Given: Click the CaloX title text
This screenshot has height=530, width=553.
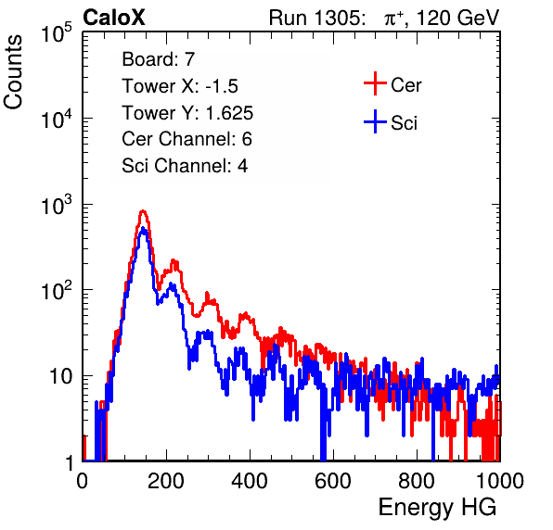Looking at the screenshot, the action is pyautogui.click(x=114, y=18).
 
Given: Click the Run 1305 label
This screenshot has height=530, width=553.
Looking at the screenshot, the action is pyautogui.click(x=316, y=18).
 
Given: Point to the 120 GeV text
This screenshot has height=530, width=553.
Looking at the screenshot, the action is pyautogui.click(x=457, y=18).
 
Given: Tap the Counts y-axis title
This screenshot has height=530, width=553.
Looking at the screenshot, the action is pyautogui.click(x=13, y=72).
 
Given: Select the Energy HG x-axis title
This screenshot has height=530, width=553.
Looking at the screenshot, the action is pyautogui.click(x=437, y=508).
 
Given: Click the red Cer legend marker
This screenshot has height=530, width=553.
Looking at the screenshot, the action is pyautogui.click(x=375, y=83).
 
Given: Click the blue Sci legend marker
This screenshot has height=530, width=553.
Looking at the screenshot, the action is pyautogui.click(x=375, y=122).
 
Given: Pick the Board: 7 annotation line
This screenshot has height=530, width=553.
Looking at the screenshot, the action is pyautogui.click(x=158, y=59).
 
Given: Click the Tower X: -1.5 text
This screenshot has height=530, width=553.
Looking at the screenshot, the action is pyautogui.click(x=180, y=86).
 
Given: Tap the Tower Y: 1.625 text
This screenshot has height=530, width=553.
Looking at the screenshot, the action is pyautogui.click(x=187, y=113).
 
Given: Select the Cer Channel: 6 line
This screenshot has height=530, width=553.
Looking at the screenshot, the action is pyautogui.click(x=186, y=139).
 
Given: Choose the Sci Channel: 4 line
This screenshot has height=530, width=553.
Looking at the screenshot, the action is pyautogui.click(x=185, y=166).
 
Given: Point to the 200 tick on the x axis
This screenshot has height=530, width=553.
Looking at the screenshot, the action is pyautogui.click(x=166, y=481).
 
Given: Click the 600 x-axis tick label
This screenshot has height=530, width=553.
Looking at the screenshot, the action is pyautogui.click(x=333, y=481).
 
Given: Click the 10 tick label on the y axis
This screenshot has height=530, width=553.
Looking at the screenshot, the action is pyautogui.click(x=61, y=376).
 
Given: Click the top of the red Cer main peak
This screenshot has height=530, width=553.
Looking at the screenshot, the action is pyautogui.click(x=143, y=211).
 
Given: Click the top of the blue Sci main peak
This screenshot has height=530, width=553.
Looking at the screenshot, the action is pyautogui.click(x=143, y=228).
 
